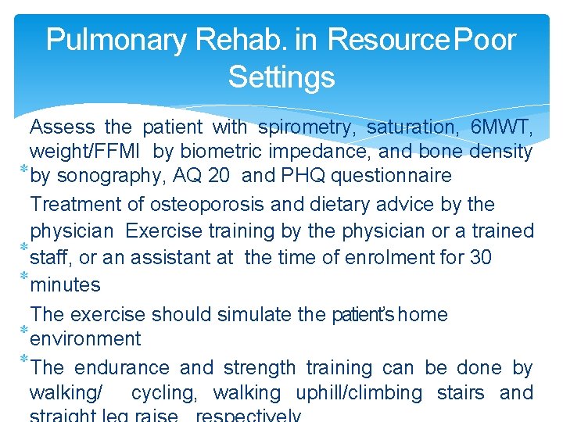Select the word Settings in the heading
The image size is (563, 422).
pos(281,77)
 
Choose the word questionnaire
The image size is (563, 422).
pos(391,175)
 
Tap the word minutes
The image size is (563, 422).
pos(65,285)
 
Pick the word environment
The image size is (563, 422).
pos(85,338)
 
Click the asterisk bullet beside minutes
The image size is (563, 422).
pos(23,278)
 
